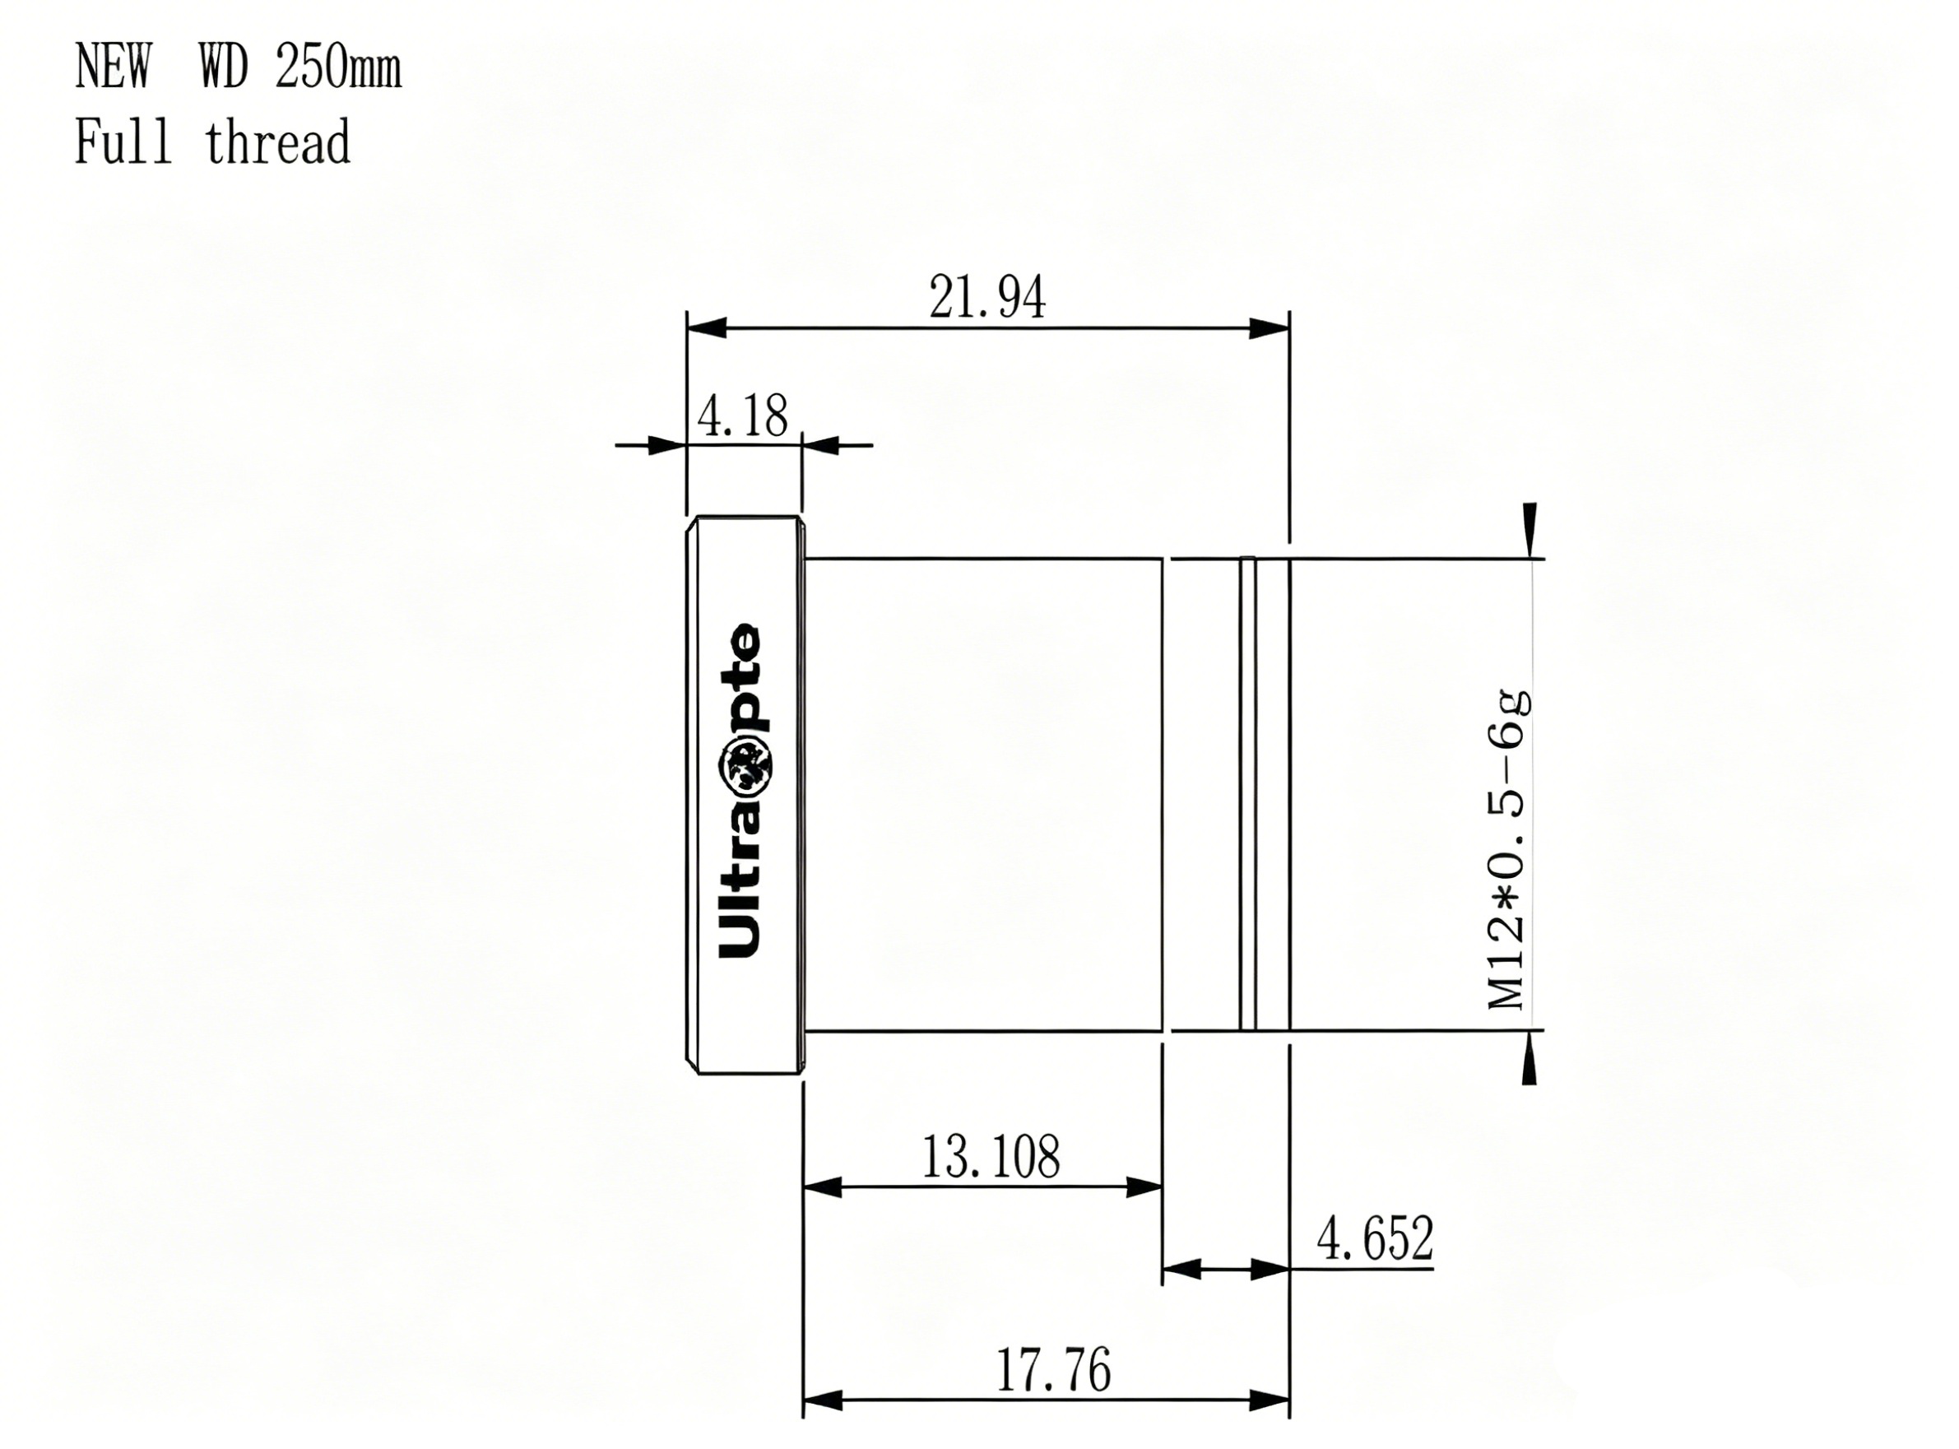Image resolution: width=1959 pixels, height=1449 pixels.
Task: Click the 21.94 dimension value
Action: pyautogui.click(x=987, y=298)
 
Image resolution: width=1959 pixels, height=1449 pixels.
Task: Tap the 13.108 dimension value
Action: pyautogui.click(x=991, y=1157)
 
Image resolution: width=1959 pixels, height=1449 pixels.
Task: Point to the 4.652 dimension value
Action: pyautogui.click(x=1375, y=1238)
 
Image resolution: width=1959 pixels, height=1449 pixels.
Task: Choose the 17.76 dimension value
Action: pyautogui.click(x=1053, y=1370)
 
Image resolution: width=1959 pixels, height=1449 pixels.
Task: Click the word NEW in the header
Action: pyautogui.click(x=113, y=67)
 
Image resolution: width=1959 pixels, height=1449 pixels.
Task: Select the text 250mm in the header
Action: pyautogui.click(x=338, y=67)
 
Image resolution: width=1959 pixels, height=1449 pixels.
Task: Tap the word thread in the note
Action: pyautogui.click(x=277, y=142)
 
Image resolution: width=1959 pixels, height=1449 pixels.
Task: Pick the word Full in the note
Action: pyautogui.click(x=123, y=142)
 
